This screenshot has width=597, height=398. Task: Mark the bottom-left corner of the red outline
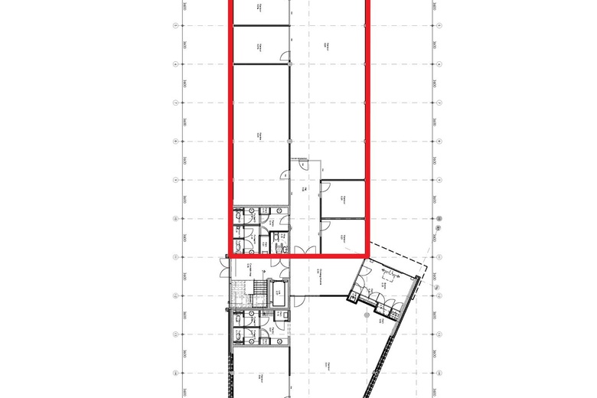[x=230, y=255]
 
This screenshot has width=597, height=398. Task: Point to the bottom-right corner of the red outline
[x=368, y=255]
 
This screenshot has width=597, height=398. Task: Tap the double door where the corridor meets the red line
[x=302, y=252]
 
